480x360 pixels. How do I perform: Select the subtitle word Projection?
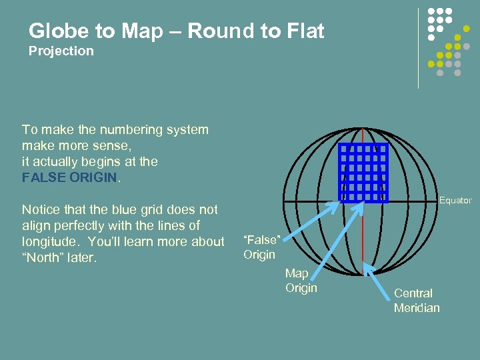(61, 51)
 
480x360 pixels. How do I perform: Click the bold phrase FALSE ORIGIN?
(69, 178)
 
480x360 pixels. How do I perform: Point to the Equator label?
(455, 200)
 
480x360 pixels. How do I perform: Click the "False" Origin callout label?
(260, 247)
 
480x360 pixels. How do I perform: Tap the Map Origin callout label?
(301, 280)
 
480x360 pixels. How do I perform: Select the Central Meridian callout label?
(417, 300)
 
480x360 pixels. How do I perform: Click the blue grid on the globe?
(363, 172)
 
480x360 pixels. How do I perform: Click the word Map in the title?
(148, 31)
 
